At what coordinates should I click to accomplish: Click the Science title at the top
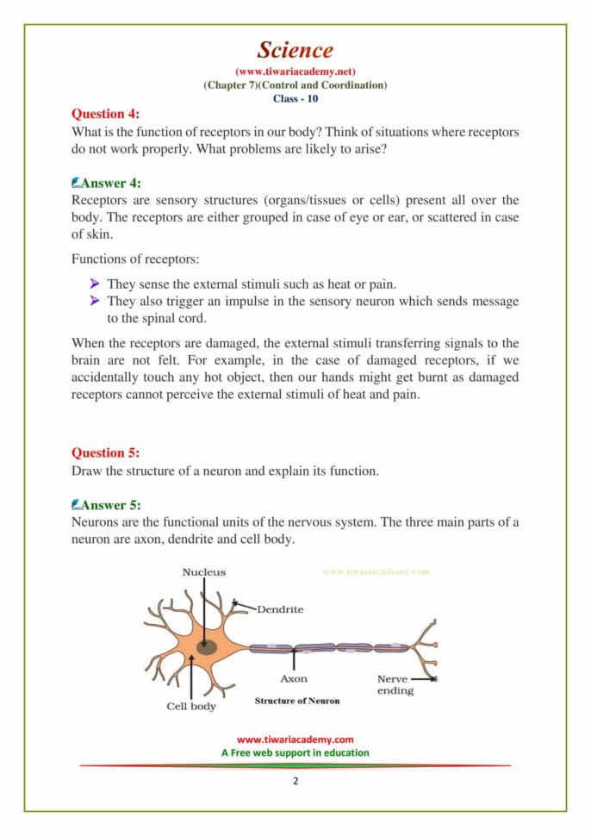click(x=295, y=50)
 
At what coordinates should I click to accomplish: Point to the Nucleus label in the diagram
click(x=204, y=571)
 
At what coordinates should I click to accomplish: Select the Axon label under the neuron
click(x=294, y=678)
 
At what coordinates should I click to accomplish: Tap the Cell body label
click(x=191, y=706)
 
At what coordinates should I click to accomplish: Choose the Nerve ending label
click(x=395, y=684)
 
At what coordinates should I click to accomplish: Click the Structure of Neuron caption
click(x=296, y=701)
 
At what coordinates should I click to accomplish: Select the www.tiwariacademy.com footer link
click(x=295, y=739)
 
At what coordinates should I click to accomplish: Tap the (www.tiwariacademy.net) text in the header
click(x=295, y=72)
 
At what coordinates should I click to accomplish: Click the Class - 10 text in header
click(x=295, y=98)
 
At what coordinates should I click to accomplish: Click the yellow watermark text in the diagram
click(x=376, y=571)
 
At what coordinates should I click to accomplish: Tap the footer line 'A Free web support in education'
click(x=295, y=752)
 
